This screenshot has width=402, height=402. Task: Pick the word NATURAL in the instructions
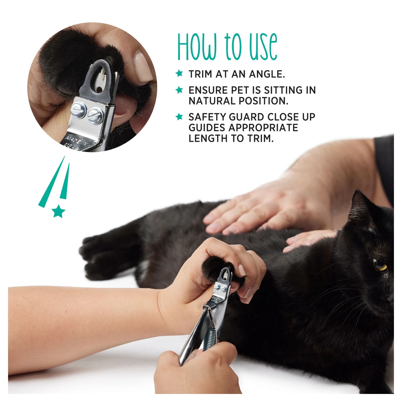(x=212, y=101)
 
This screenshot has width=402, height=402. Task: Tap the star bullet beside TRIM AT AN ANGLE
(x=179, y=73)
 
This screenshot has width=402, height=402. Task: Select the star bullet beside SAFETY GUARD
(x=179, y=117)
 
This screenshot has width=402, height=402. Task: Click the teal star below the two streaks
(x=58, y=211)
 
